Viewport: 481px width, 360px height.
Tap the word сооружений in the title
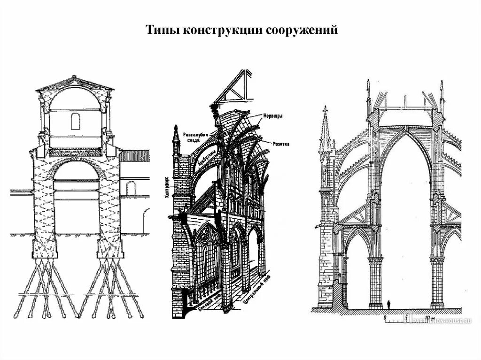[302, 31]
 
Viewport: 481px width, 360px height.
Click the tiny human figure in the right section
[389, 305]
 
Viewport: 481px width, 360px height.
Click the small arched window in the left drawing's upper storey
[75, 122]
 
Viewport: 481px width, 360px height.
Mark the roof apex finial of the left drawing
[74, 77]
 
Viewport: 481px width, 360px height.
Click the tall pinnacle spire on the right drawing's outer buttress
[324, 127]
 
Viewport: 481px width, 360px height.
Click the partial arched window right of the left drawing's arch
[131, 189]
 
